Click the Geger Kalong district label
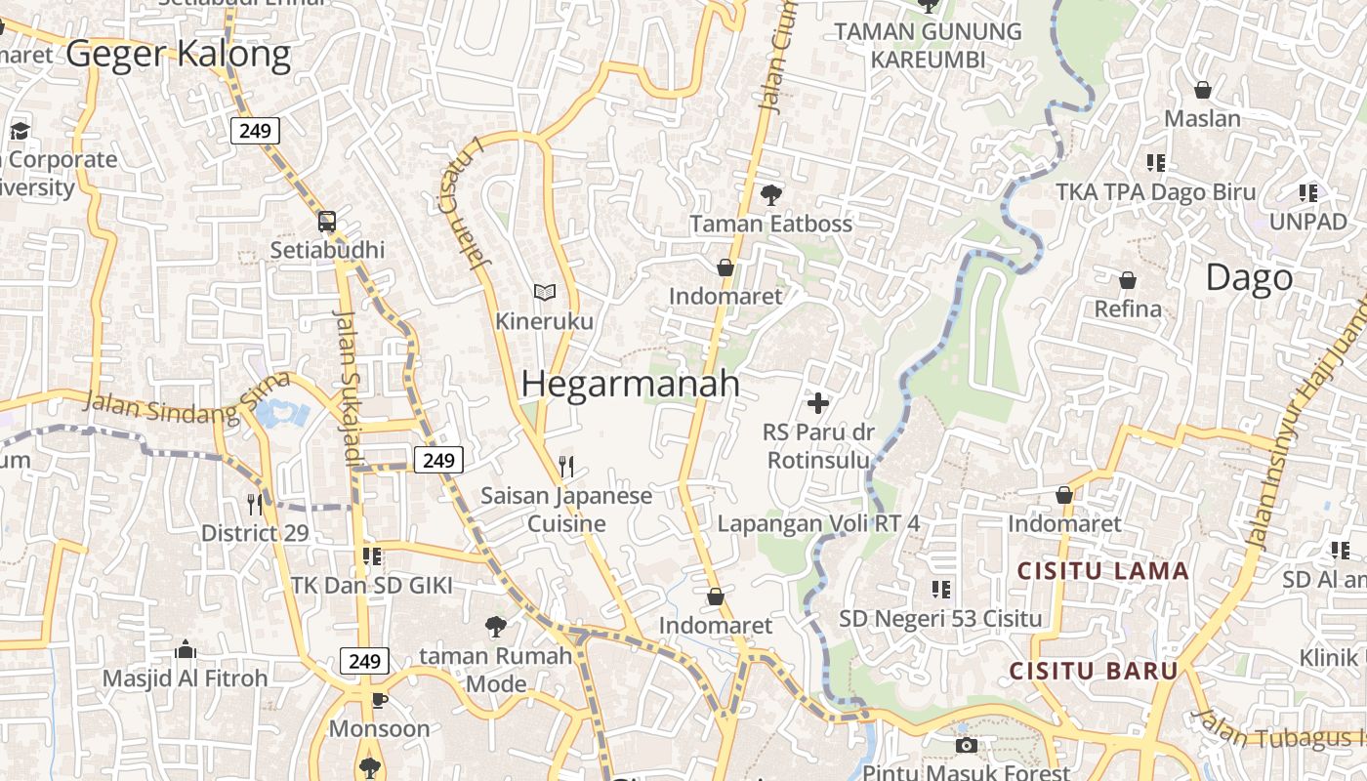pos(179,55)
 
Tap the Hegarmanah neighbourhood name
pos(631,384)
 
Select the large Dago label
pos(1249,278)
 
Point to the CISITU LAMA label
pos(1103,571)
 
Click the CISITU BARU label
pos(1094,671)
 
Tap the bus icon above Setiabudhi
pos(327,222)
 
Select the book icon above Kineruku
pos(544,292)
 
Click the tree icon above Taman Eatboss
pos(771,194)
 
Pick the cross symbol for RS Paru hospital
pos(818,402)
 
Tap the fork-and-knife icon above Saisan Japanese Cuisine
pos(565,466)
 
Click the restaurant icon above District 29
pos(255,504)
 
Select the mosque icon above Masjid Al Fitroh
pos(185,649)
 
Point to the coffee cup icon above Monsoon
pos(379,700)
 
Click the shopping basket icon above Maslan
pos(1203,90)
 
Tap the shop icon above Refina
pos(1128,280)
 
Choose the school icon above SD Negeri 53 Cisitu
pos(940,589)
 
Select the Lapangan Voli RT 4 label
pos(818,523)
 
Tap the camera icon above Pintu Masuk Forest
pos(966,746)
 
